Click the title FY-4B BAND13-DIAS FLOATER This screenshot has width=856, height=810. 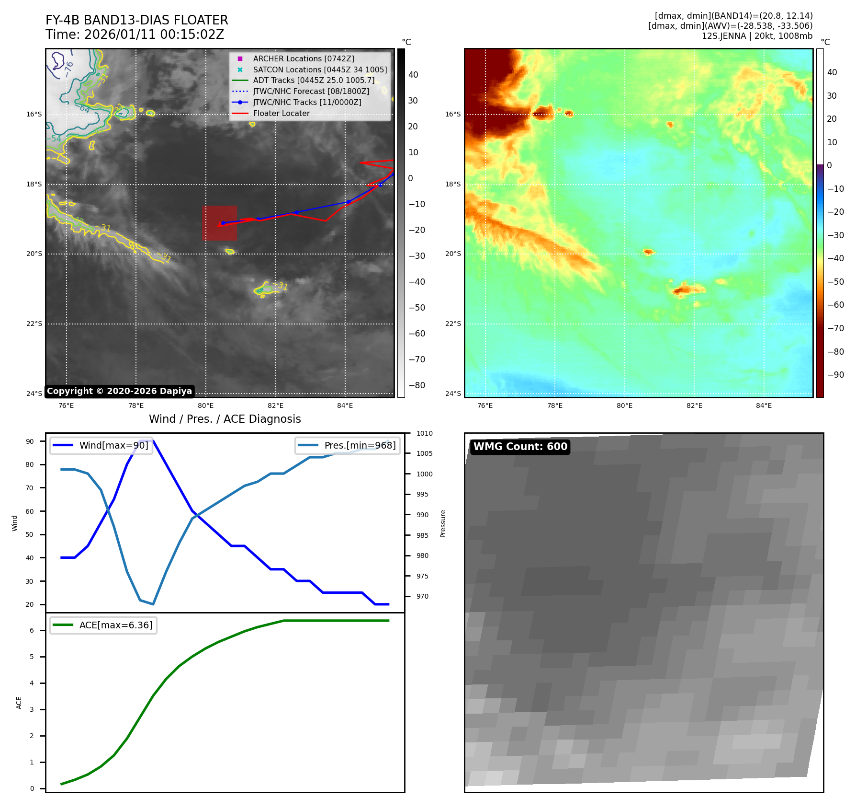tap(136, 20)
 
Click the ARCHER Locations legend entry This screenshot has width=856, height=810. tap(304, 58)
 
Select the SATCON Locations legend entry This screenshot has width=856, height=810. tap(320, 69)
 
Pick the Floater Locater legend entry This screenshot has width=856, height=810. tap(281, 113)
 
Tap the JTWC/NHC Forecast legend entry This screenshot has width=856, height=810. tap(311, 91)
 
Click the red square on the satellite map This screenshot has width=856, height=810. tap(219, 223)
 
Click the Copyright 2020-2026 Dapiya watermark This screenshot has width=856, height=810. tap(119, 391)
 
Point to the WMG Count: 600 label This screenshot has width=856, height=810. tap(520, 447)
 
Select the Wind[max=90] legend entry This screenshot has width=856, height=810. tap(113, 445)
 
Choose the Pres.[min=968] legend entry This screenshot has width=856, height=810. tap(360, 445)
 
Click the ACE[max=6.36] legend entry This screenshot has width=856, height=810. tap(116, 625)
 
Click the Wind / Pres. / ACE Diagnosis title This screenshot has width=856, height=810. tap(225, 419)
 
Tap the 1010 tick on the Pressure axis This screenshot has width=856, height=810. tap(424, 433)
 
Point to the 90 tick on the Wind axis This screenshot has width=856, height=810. tap(30, 441)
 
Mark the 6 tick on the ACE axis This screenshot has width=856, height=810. tap(32, 630)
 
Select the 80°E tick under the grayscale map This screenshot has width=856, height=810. tap(206, 405)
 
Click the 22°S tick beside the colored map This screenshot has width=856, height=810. tap(453, 324)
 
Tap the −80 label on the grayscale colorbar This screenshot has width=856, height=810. tap(417, 385)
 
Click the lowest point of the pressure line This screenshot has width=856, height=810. tap(153, 604)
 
